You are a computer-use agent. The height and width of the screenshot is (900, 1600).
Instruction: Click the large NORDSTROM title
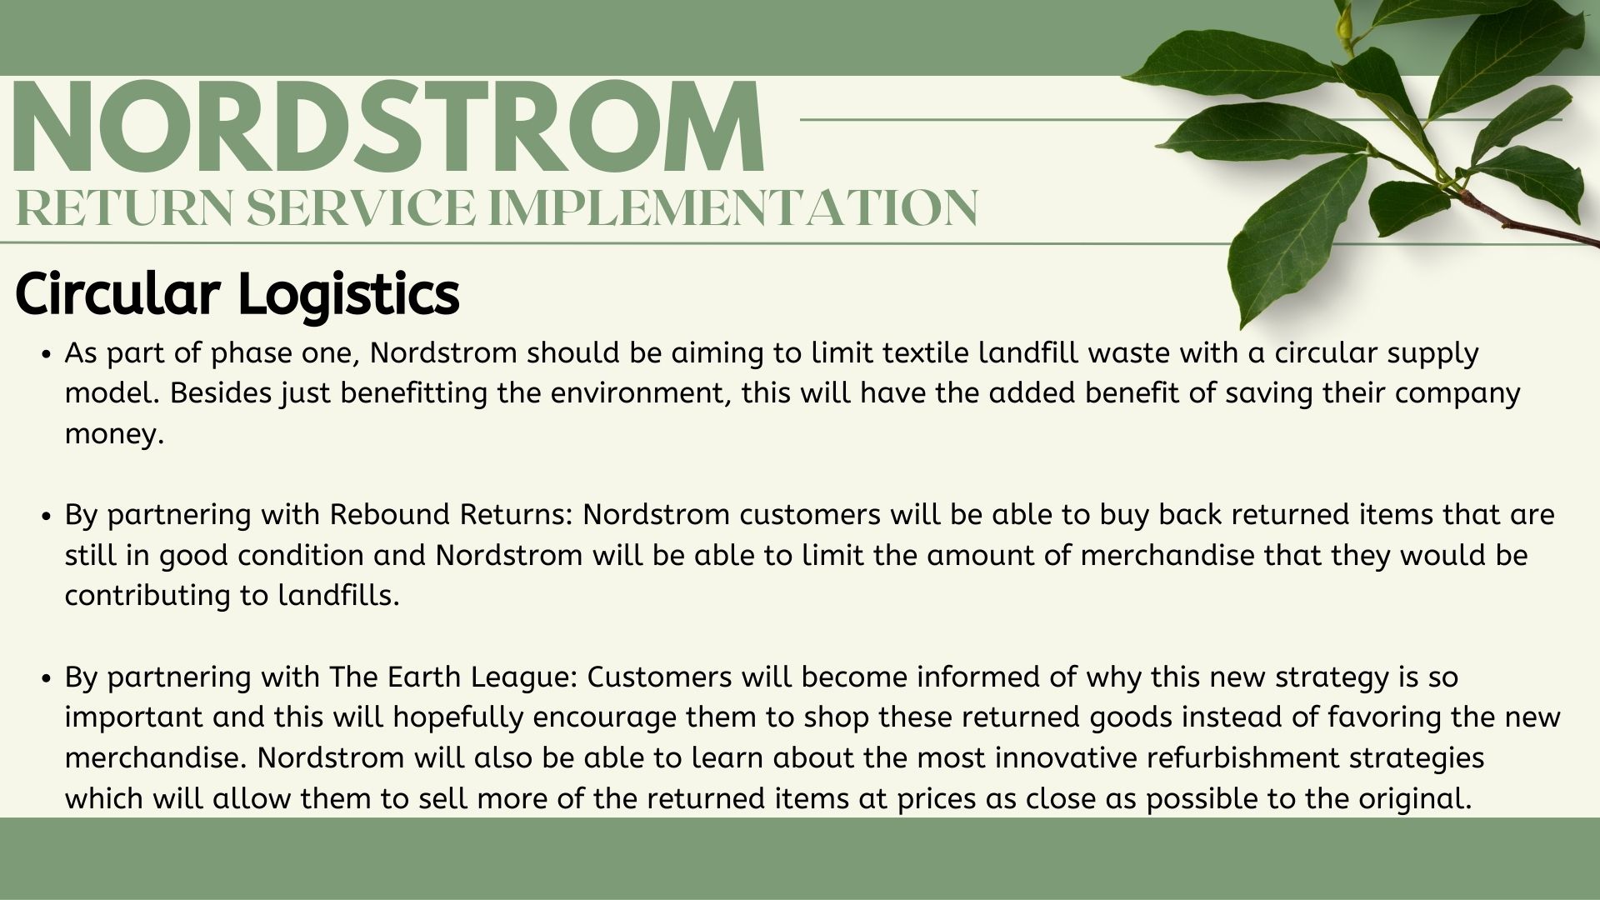click(388, 126)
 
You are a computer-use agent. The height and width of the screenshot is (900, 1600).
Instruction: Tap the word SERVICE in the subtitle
click(358, 207)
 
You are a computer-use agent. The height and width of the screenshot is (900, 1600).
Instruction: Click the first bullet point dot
click(47, 354)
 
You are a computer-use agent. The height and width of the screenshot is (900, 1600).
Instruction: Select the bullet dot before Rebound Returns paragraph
click(47, 516)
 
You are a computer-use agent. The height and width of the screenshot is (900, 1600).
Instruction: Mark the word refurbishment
click(1250, 757)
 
